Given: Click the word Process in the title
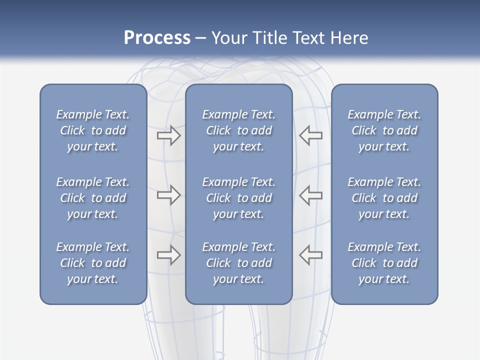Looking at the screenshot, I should [157, 38].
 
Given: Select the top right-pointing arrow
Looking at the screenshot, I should [168, 135].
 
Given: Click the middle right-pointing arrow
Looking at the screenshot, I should [168, 195].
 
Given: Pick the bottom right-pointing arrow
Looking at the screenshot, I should [168, 255].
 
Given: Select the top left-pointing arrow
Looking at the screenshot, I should [311, 135].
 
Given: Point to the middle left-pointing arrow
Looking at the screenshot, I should [311, 195].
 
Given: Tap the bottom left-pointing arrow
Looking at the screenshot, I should [311, 255].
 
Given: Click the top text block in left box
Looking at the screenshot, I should [93, 130].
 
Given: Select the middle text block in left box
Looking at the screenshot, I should [93, 198].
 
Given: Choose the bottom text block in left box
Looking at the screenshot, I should [93, 263].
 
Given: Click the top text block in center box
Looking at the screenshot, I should [238, 130].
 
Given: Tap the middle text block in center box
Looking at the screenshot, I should [238, 198].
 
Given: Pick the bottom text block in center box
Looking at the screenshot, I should [238, 263].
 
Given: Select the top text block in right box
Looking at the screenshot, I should [384, 130].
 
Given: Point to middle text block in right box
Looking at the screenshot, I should [384, 198].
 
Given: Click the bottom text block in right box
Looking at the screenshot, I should [384, 263].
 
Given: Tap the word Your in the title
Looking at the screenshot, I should [228, 38].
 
